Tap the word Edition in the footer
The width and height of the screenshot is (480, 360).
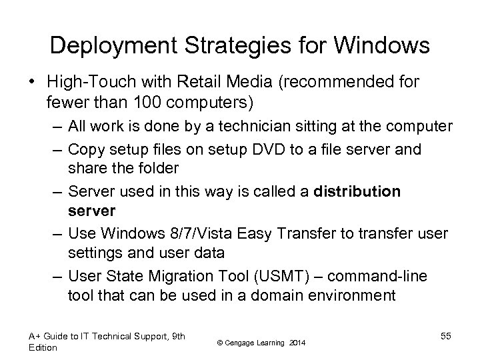43,347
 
